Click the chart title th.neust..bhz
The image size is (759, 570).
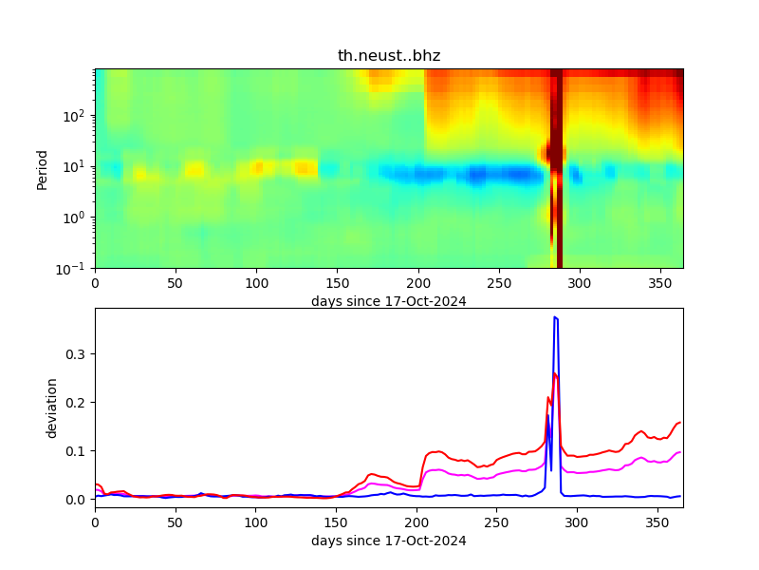(389, 56)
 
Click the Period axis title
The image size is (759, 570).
(42, 168)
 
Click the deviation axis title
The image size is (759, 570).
(53, 408)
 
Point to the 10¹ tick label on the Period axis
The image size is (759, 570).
(77, 166)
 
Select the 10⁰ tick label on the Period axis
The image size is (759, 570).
(77, 218)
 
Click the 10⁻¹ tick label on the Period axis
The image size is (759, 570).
(75, 268)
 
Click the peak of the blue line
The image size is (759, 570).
(555, 317)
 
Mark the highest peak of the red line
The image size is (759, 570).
(555, 373)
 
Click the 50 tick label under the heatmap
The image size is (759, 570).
(176, 283)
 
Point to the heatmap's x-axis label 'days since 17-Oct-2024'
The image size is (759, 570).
(389, 301)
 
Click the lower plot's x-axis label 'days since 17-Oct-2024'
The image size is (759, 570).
(389, 541)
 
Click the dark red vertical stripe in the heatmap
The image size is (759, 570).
(560, 190)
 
